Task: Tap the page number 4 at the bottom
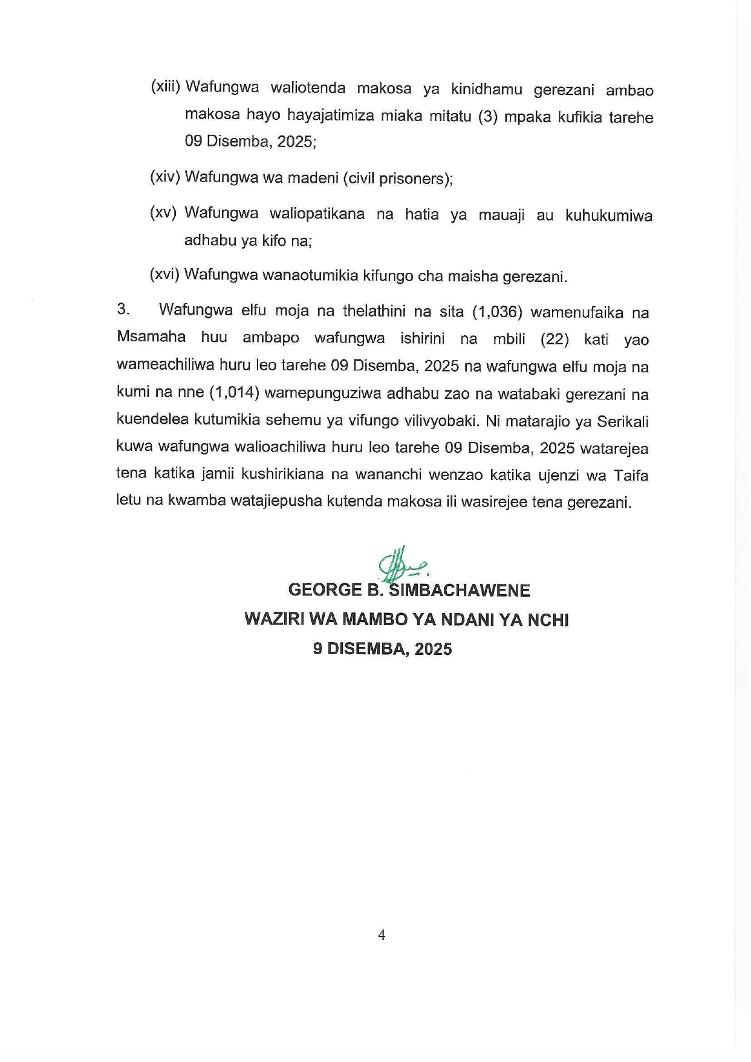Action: [x=382, y=935]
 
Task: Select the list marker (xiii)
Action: [x=166, y=87]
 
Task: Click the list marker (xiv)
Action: [x=165, y=177]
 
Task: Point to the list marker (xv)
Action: [x=163, y=213]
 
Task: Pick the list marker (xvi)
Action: [x=164, y=275]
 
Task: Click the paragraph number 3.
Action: [x=123, y=310]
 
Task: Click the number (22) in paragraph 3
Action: [x=555, y=339]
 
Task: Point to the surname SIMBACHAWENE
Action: [x=460, y=591]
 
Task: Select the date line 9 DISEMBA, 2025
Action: [x=382, y=649]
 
